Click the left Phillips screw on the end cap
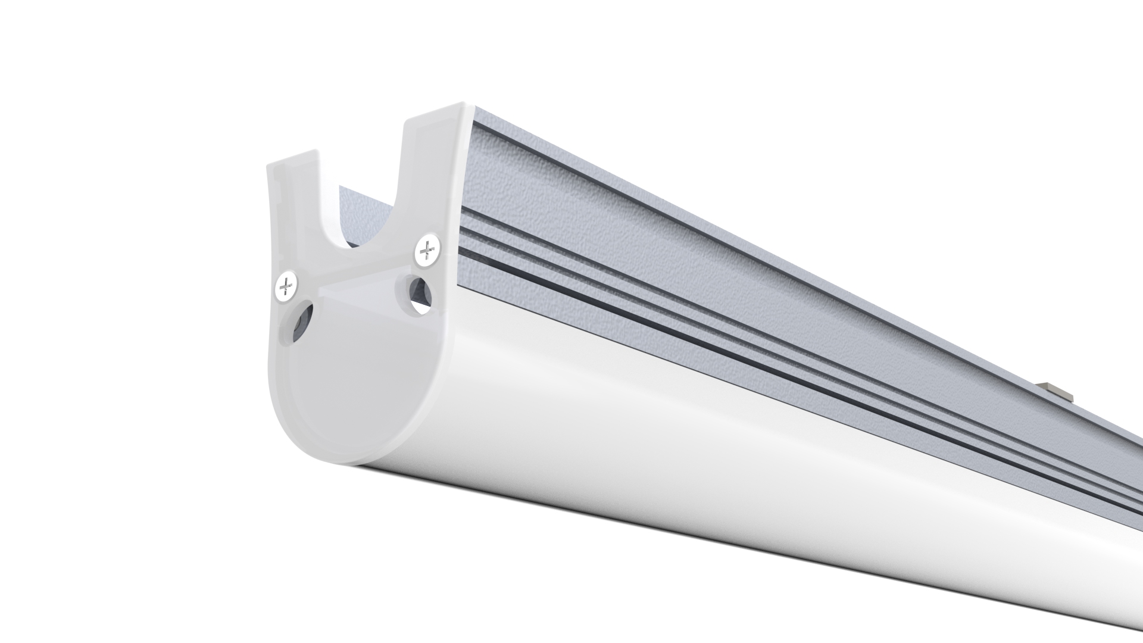[x=287, y=287]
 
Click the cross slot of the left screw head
[x=287, y=287]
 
